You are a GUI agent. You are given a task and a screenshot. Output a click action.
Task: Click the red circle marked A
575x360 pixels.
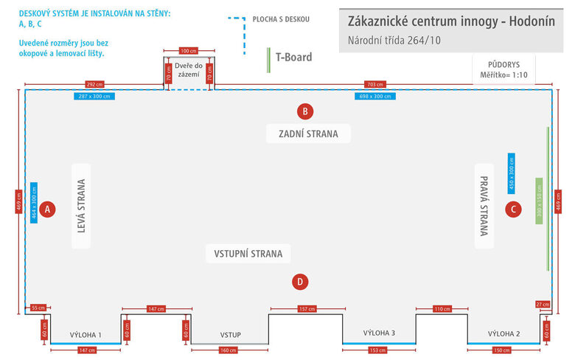click(x=47, y=210)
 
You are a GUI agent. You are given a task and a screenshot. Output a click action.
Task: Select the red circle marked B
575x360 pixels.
click(x=305, y=112)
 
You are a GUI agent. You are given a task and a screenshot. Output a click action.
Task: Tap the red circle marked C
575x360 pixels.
click(x=513, y=209)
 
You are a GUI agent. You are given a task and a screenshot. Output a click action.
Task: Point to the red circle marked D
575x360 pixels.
click(x=299, y=281)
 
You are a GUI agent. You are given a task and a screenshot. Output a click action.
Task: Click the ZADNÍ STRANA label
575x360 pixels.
click(x=308, y=134)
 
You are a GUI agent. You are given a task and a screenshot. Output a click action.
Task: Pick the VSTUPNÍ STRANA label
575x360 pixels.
click(x=248, y=254)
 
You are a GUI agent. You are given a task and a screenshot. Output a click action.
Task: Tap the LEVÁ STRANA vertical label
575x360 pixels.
click(x=82, y=207)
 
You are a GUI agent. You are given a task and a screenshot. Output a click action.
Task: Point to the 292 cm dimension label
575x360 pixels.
click(x=94, y=84)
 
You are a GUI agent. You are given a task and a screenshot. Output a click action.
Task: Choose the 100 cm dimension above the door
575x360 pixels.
click(x=189, y=51)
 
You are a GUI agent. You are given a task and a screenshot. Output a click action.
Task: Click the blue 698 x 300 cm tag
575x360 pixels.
click(x=374, y=96)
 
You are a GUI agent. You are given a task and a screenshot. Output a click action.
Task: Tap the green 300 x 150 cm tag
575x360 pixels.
click(x=539, y=201)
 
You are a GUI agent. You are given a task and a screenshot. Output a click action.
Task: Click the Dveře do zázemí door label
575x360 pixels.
click(x=188, y=71)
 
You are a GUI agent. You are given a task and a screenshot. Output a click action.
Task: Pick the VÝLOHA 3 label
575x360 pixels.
click(x=379, y=333)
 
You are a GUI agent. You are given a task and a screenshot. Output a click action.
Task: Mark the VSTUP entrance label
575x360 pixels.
click(x=230, y=334)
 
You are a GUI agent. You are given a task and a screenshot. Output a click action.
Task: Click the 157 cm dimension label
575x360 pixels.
click(x=306, y=308)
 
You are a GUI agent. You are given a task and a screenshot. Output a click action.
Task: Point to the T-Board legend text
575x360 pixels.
click(x=293, y=57)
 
